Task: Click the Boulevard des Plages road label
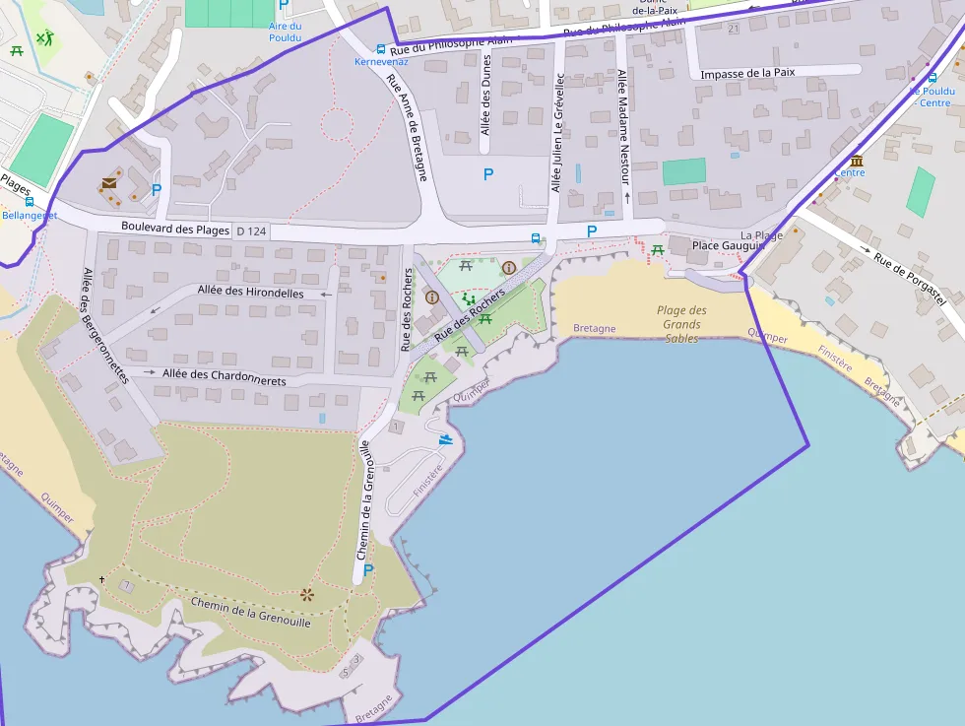pos(176,229)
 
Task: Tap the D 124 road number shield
pos(251,231)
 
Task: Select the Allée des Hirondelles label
pos(250,291)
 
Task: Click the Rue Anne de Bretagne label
pos(407,128)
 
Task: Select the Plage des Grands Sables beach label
pos(682,324)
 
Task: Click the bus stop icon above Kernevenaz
pos(381,48)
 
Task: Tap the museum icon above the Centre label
pos(856,161)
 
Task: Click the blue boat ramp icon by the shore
pos(446,439)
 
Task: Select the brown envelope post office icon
pos(108,183)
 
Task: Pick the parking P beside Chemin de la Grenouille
pos(368,569)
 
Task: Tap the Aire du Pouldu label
pos(285,32)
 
